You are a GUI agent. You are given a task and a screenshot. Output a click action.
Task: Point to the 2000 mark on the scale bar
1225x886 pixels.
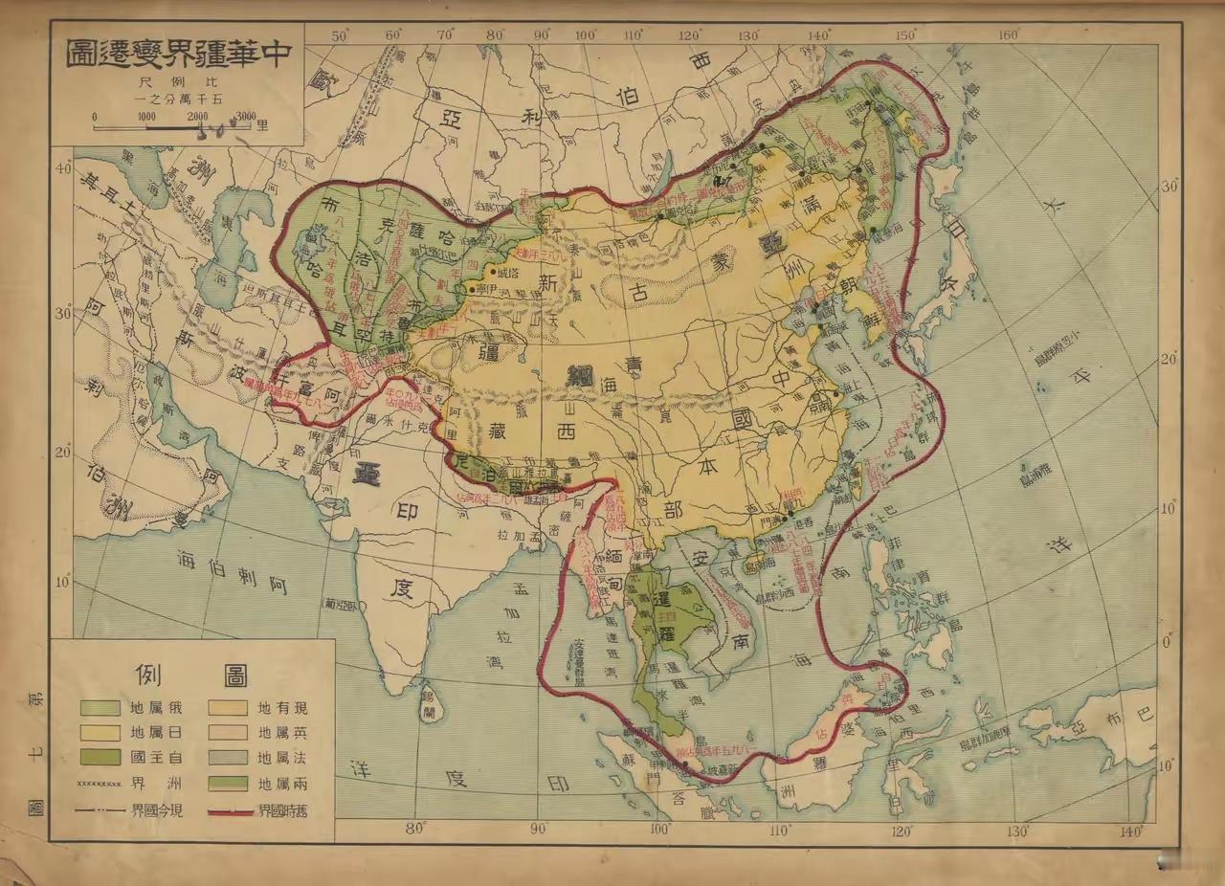197,116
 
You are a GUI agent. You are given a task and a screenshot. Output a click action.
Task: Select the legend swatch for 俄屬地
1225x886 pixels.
100,709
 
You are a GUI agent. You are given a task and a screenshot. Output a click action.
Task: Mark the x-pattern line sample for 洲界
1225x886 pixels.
100,785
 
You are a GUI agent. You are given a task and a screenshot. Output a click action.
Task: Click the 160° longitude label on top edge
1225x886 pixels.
1008,36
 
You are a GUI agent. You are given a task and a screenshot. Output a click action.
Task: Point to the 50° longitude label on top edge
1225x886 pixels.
340,35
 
